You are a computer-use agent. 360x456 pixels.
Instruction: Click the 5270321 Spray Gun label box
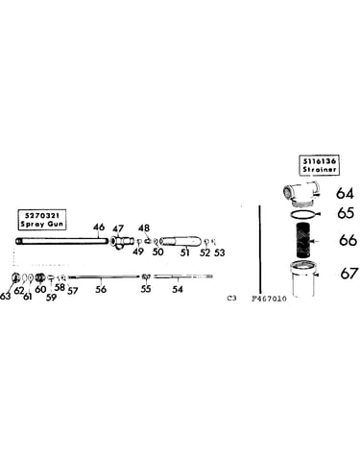pyautogui.click(x=42, y=220)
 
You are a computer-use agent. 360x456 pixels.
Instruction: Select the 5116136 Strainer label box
pyautogui.click(x=319, y=165)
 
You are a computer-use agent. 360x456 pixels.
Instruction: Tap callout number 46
pyautogui.click(x=99, y=228)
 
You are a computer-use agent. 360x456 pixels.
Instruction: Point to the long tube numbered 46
pyautogui.click(x=61, y=241)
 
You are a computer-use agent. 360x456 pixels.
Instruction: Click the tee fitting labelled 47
pyautogui.click(x=121, y=241)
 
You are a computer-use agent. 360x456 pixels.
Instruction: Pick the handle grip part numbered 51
pyautogui.click(x=180, y=241)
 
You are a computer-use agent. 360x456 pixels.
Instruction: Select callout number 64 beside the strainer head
pyautogui.click(x=345, y=193)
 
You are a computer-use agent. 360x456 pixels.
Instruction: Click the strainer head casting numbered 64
pyautogui.click(x=300, y=194)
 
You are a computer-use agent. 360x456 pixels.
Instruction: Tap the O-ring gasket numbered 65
pyautogui.click(x=303, y=214)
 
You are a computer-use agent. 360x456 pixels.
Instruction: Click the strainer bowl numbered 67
pyautogui.click(x=302, y=279)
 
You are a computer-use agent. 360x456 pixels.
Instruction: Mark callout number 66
pyautogui.click(x=348, y=240)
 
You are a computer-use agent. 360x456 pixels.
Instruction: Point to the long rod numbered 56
pyautogui.click(x=104, y=276)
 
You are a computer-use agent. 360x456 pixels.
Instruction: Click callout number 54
pyautogui.click(x=178, y=289)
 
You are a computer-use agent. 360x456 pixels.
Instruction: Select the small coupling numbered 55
pyautogui.click(x=146, y=276)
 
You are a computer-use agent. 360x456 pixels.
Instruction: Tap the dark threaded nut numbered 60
pyautogui.click(x=40, y=277)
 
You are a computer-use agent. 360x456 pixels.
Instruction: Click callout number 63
pyautogui.click(x=5, y=296)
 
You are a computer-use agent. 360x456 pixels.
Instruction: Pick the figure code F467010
pyautogui.click(x=269, y=299)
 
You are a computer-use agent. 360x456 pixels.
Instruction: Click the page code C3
pyautogui.click(x=231, y=299)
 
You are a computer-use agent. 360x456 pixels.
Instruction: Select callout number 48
pyautogui.click(x=144, y=228)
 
